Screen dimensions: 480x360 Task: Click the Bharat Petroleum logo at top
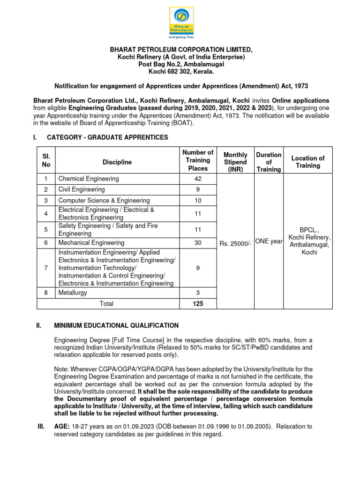point(181,22)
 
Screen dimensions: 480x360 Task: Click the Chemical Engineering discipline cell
point(88,179)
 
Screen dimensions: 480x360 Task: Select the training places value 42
point(197,179)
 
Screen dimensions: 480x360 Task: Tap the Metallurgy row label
point(72,292)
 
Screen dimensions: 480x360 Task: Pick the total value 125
point(197,304)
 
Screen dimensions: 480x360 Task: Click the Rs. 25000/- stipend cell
point(235,243)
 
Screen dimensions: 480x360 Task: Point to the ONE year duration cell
point(269,241)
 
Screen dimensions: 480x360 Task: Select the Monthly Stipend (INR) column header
point(235,162)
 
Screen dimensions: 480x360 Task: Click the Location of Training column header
point(308,162)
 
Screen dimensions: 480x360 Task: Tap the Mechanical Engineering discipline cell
point(91,243)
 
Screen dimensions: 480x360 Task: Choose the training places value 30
point(197,243)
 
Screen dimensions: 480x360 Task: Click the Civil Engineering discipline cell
point(81,190)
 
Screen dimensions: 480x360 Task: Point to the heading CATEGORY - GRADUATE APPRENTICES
point(107,137)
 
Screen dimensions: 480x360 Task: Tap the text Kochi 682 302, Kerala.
point(181,71)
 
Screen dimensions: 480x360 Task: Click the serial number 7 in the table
point(46,268)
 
